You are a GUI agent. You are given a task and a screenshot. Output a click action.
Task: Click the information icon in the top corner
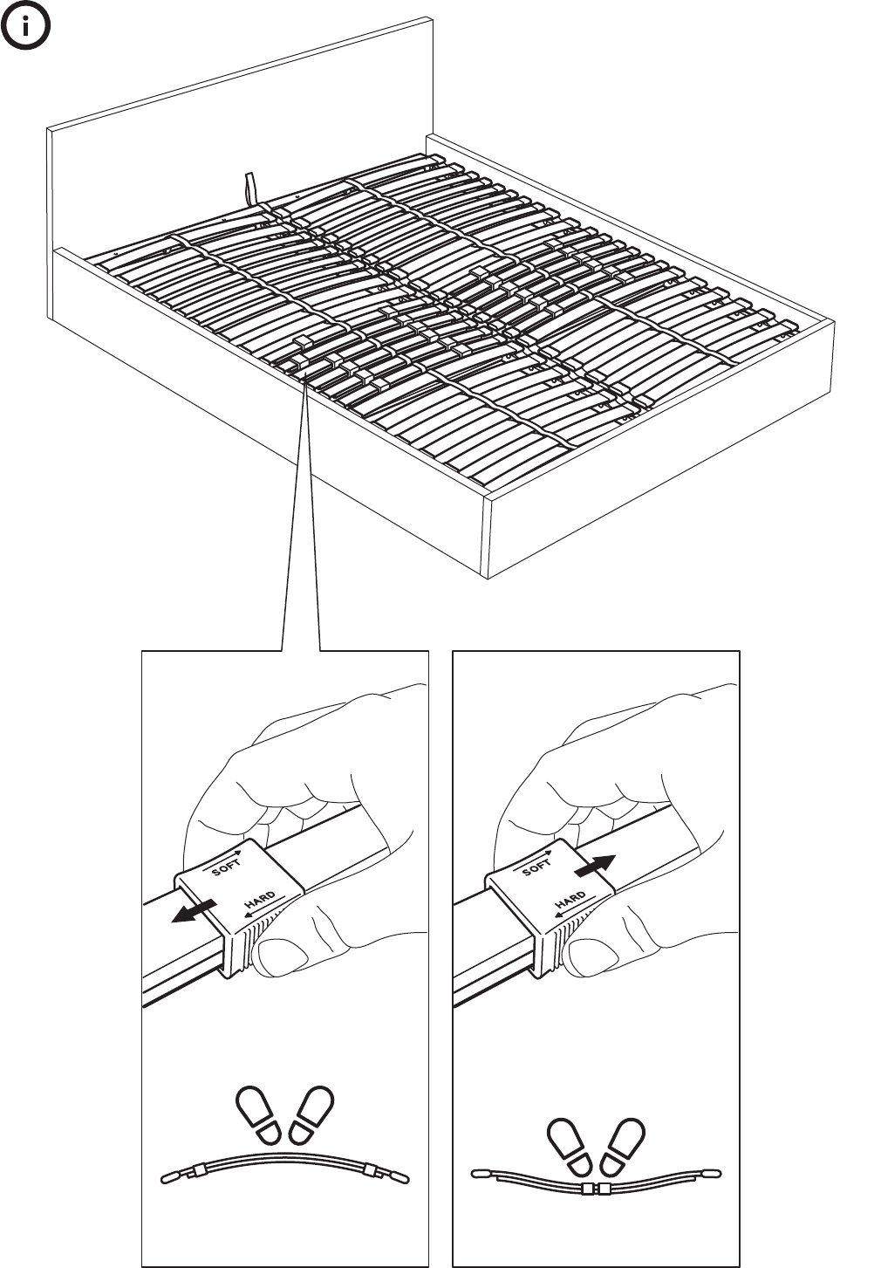point(25,25)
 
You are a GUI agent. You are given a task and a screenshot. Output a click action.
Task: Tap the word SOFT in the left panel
point(226,867)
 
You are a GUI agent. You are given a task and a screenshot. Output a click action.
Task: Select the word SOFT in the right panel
point(536,867)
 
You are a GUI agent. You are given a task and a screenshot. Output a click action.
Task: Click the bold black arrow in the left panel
point(194,911)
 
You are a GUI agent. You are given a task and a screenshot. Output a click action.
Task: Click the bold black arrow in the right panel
point(595,866)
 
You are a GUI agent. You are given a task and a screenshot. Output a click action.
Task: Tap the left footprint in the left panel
point(258,1114)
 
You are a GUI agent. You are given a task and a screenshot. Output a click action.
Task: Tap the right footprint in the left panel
point(311,1114)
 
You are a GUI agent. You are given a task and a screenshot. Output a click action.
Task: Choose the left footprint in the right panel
point(570,1147)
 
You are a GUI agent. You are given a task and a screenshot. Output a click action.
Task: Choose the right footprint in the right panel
point(622,1147)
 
